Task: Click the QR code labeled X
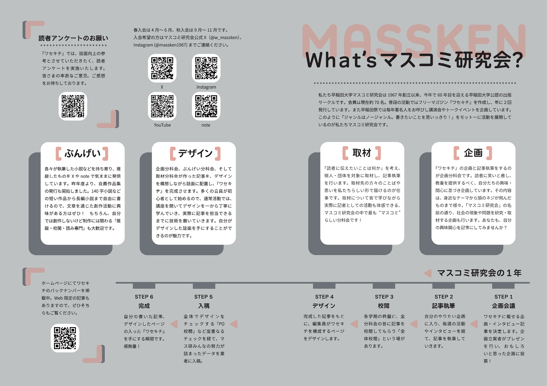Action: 162,68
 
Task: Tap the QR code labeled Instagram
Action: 206,68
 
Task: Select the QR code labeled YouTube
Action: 162,106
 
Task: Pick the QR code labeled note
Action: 206,106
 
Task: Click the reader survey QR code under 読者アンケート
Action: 73,106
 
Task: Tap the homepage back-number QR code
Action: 65,338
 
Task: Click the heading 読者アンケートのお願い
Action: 73,38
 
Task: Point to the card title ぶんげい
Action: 82,153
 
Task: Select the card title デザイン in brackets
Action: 195,153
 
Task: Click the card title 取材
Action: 362,153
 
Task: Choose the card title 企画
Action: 473,153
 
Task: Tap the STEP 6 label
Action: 144,297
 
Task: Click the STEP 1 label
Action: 504,297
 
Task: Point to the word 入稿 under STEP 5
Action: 204,306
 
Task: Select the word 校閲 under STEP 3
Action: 383,306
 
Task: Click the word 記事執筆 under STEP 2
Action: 443,306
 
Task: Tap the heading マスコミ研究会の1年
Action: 479,273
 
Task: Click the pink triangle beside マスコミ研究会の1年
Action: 428,273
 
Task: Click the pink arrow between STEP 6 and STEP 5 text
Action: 174,324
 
